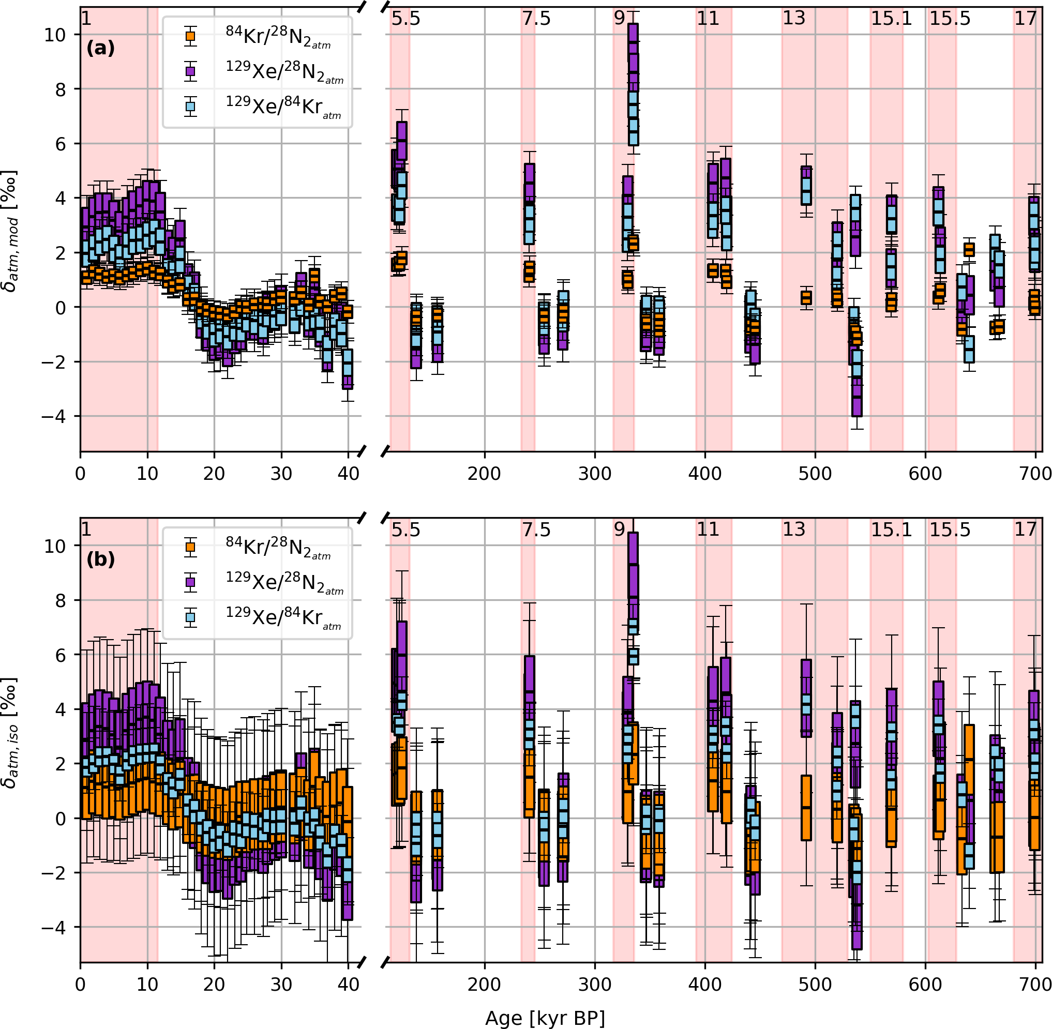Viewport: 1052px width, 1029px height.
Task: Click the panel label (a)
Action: point(100,49)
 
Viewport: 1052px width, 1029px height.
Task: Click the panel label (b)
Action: point(100,559)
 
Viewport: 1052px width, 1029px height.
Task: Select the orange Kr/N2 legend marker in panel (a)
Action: point(190,36)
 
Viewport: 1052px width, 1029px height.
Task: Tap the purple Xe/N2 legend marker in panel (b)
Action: point(190,582)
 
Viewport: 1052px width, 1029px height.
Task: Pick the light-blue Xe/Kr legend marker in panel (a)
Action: point(190,107)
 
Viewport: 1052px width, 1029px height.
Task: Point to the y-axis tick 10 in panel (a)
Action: point(55,35)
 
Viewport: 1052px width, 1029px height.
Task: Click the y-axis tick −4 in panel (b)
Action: point(55,928)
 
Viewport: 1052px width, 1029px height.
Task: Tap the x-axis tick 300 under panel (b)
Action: point(595,985)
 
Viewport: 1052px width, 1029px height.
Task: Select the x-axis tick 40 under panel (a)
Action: point(348,474)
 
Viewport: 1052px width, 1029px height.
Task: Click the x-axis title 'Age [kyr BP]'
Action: point(545,1018)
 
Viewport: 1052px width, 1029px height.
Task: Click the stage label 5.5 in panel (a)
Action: point(405,19)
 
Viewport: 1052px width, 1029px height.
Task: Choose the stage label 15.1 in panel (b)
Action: point(891,529)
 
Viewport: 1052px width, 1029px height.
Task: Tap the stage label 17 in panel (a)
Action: point(1025,19)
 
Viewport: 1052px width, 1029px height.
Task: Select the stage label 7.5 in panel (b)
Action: point(536,529)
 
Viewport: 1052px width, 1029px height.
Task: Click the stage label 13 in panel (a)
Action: point(793,19)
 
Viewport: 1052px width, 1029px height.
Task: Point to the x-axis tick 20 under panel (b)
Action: point(214,985)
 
